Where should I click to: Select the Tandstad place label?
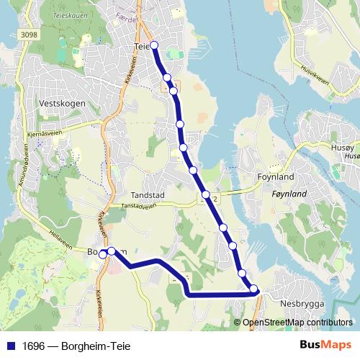pos(148,195)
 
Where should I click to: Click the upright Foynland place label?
pos(276,176)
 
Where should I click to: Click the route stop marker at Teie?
pos(154,45)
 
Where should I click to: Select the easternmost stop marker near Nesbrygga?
pos(254,289)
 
